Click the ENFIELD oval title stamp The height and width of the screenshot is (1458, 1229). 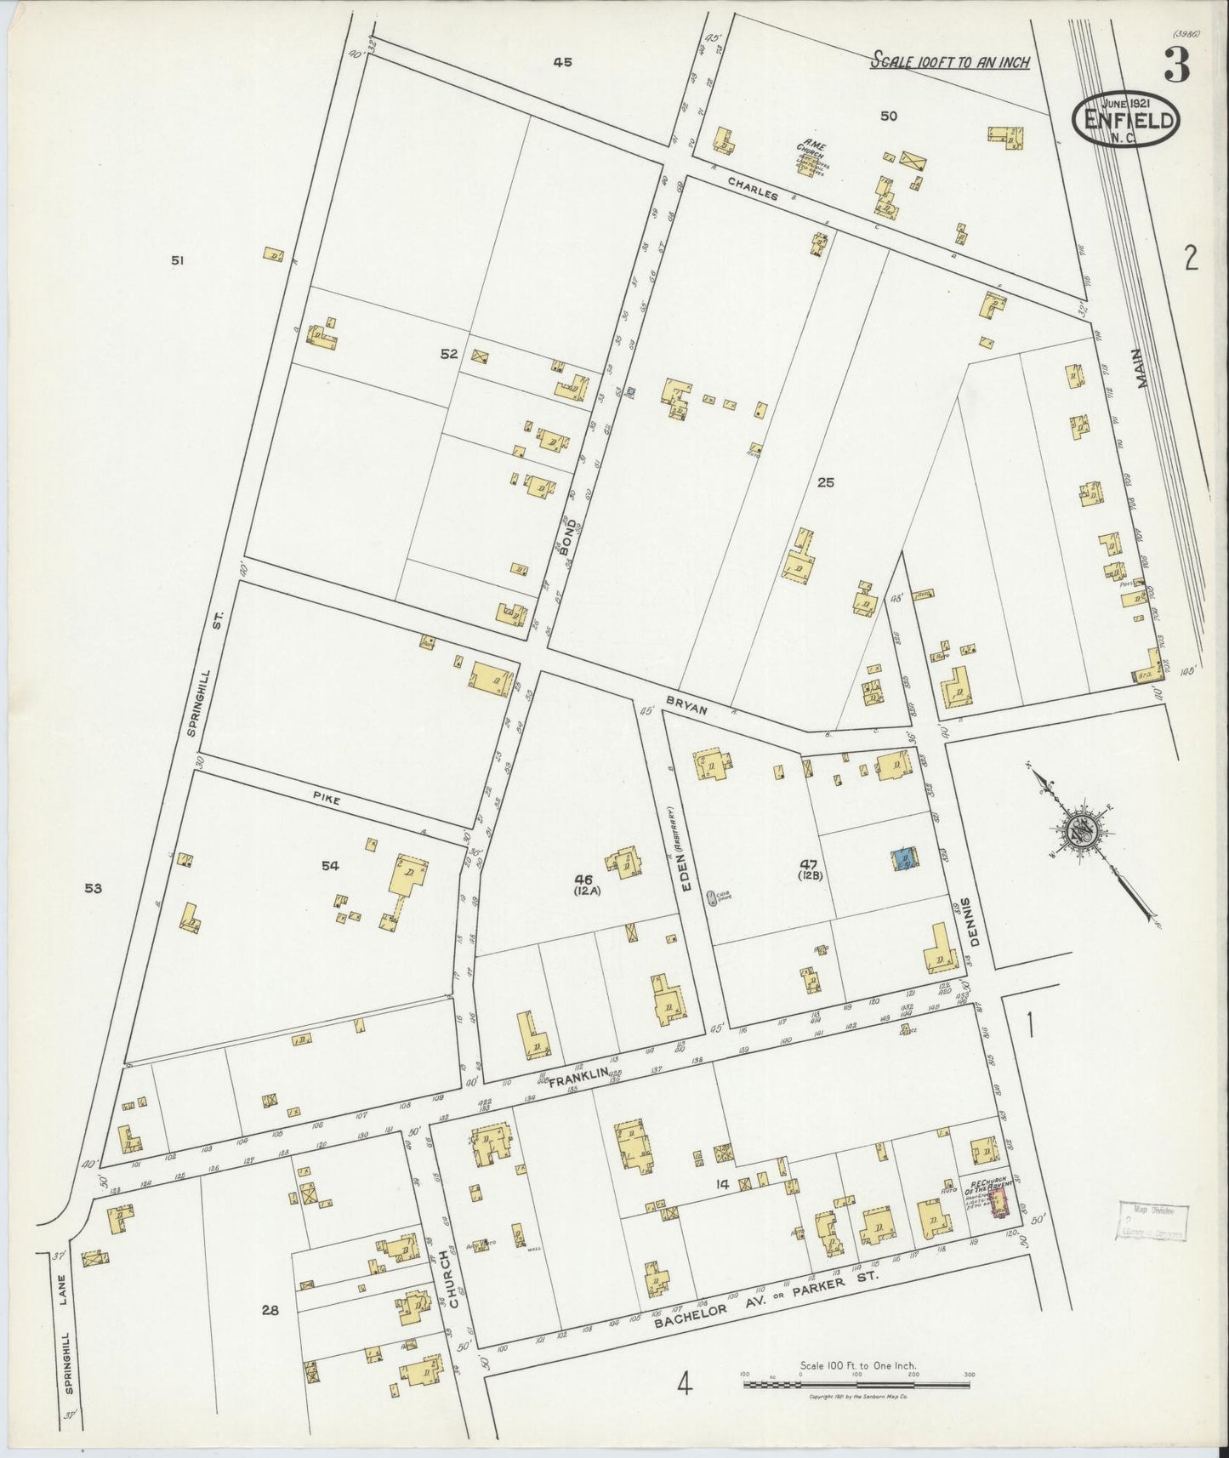[x=1127, y=120]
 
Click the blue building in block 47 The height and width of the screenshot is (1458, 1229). [x=904, y=859]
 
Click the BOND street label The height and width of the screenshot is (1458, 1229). [x=568, y=537]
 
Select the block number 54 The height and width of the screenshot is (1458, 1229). [x=330, y=866]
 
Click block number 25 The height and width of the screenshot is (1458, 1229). [x=825, y=482]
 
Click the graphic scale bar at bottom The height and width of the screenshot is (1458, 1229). [x=856, y=1385]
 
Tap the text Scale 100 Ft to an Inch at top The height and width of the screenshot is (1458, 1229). [x=950, y=62]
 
